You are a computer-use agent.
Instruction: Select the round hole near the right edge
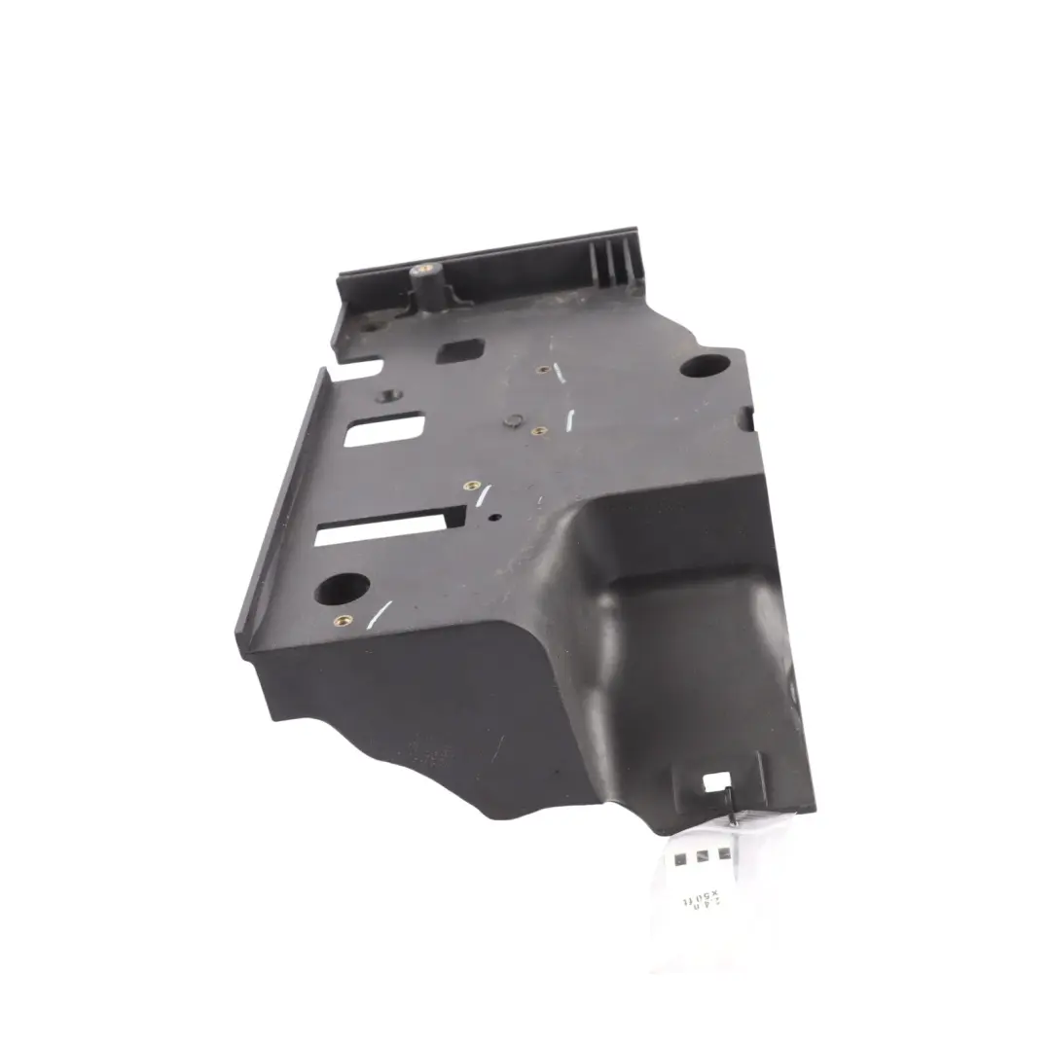click(704, 366)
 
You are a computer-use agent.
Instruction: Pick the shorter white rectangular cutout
click(385, 429)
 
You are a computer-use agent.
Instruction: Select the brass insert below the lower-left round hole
click(340, 620)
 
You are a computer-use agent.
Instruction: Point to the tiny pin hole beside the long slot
click(495, 517)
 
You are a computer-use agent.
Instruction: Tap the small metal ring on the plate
click(511, 421)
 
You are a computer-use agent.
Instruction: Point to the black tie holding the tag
click(731, 809)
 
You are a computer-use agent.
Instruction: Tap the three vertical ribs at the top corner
click(614, 259)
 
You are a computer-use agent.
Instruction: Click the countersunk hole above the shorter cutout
click(390, 395)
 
